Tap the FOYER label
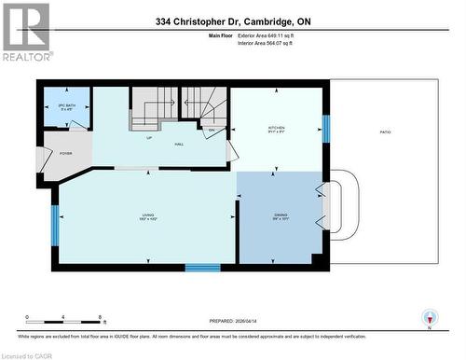point(65,152)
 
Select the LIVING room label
point(144,218)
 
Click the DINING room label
point(281,218)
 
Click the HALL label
point(178,144)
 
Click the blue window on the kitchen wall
point(325,128)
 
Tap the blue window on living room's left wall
point(55,225)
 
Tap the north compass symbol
point(429,318)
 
